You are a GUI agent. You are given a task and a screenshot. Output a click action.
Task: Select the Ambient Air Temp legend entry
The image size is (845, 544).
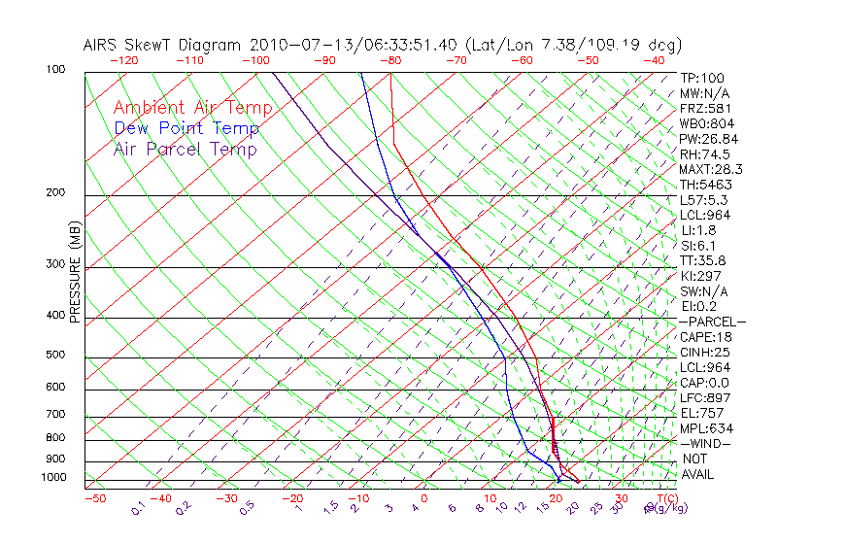(x=193, y=108)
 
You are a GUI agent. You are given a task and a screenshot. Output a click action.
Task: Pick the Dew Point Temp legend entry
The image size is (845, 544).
(x=186, y=128)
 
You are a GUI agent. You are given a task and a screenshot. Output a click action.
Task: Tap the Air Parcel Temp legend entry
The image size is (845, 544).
(x=186, y=150)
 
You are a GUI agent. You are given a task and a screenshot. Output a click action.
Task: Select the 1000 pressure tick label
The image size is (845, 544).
(x=55, y=477)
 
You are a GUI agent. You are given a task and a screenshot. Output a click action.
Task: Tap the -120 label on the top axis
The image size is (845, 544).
(x=123, y=60)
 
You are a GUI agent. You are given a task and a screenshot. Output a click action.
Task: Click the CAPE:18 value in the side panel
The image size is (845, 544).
(x=704, y=337)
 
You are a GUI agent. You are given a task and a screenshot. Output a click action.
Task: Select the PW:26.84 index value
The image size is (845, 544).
(x=708, y=139)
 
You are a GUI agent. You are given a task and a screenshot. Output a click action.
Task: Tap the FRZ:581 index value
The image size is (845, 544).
(x=705, y=108)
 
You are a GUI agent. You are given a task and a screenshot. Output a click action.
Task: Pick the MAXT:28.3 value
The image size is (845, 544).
(x=710, y=169)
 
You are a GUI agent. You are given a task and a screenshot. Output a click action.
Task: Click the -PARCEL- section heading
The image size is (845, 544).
(x=712, y=322)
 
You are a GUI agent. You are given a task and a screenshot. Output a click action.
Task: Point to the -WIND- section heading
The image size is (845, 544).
(x=704, y=444)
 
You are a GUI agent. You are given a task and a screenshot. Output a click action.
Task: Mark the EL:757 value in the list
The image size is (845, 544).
(x=700, y=413)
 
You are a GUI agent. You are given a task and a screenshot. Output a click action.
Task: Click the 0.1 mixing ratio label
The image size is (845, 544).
(x=138, y=508)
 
